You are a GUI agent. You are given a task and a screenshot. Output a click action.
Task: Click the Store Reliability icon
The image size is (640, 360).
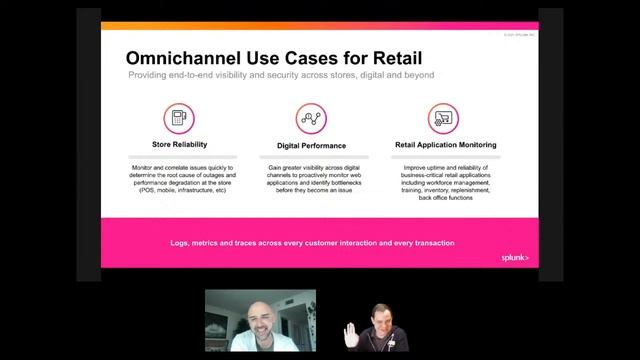(x=181, y=119)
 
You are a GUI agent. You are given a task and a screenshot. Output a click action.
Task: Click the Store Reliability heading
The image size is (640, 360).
(x=181, y=145)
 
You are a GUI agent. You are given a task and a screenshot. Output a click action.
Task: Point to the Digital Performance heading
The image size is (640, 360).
(x=311, y=145)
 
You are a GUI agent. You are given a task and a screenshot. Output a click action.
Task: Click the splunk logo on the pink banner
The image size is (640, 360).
(x=514, y=257)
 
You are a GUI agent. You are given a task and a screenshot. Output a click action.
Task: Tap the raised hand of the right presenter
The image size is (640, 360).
(x=353, y=333)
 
